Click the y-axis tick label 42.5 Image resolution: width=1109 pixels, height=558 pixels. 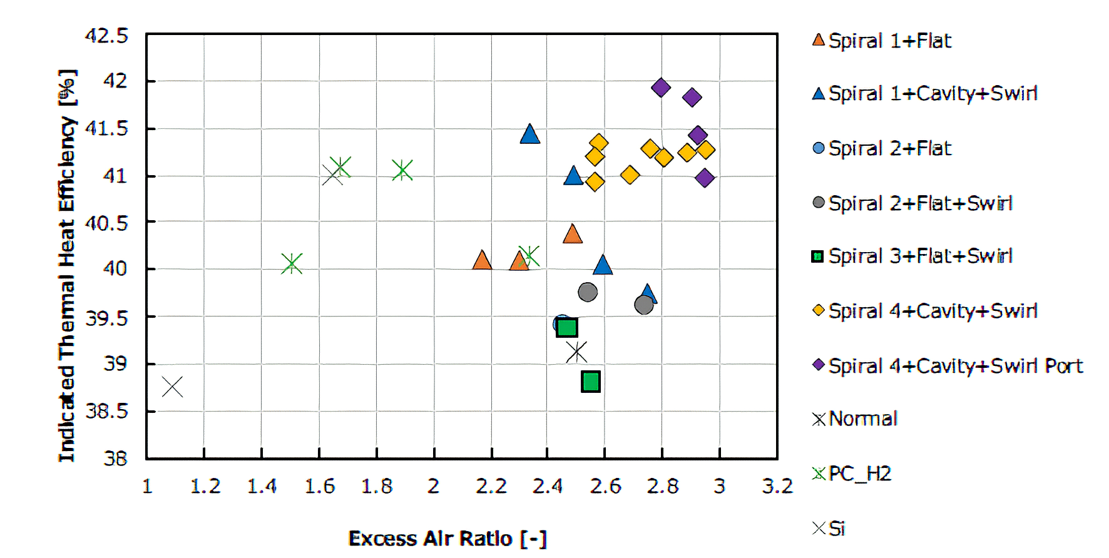[x=106, y=36]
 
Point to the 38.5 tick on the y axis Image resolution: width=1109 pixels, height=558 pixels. [x=106, y=412]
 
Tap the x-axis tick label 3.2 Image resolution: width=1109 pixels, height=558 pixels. [x=777, y=487]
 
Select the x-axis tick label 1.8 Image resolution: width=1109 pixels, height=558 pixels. [x=376, y=487]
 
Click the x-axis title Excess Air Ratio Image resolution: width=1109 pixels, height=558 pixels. [x=447, y=539]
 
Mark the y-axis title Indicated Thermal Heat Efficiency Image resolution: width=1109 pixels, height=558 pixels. [x=67, y=266]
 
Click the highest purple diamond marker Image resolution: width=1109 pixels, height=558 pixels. [x=661, y=88]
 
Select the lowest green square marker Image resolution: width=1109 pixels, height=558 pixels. [x=591, y=381]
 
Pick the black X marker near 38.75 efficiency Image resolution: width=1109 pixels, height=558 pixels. [x=172, y=387]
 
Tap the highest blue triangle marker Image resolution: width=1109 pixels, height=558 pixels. [x=529, y=134]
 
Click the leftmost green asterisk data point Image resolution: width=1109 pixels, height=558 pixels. [x=292, y=263]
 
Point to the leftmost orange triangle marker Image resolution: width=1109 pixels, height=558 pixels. [x=482, y=260]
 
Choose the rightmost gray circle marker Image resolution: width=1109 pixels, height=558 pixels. [x=643, y=305]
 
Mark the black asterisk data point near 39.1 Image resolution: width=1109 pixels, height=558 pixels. [x=576, y=352]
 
